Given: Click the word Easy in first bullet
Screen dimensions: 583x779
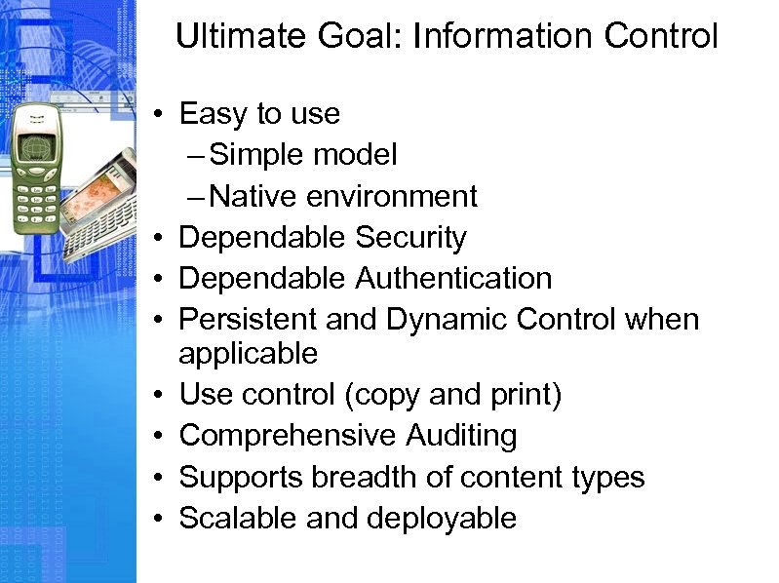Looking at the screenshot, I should pos(213,114).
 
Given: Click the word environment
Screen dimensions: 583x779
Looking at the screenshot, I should pos(392,196).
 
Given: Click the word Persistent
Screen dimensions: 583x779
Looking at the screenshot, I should pos(246,319).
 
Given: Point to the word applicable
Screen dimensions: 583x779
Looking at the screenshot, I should pos(249,353).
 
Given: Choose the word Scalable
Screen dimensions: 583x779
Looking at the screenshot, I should pos(239,518).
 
